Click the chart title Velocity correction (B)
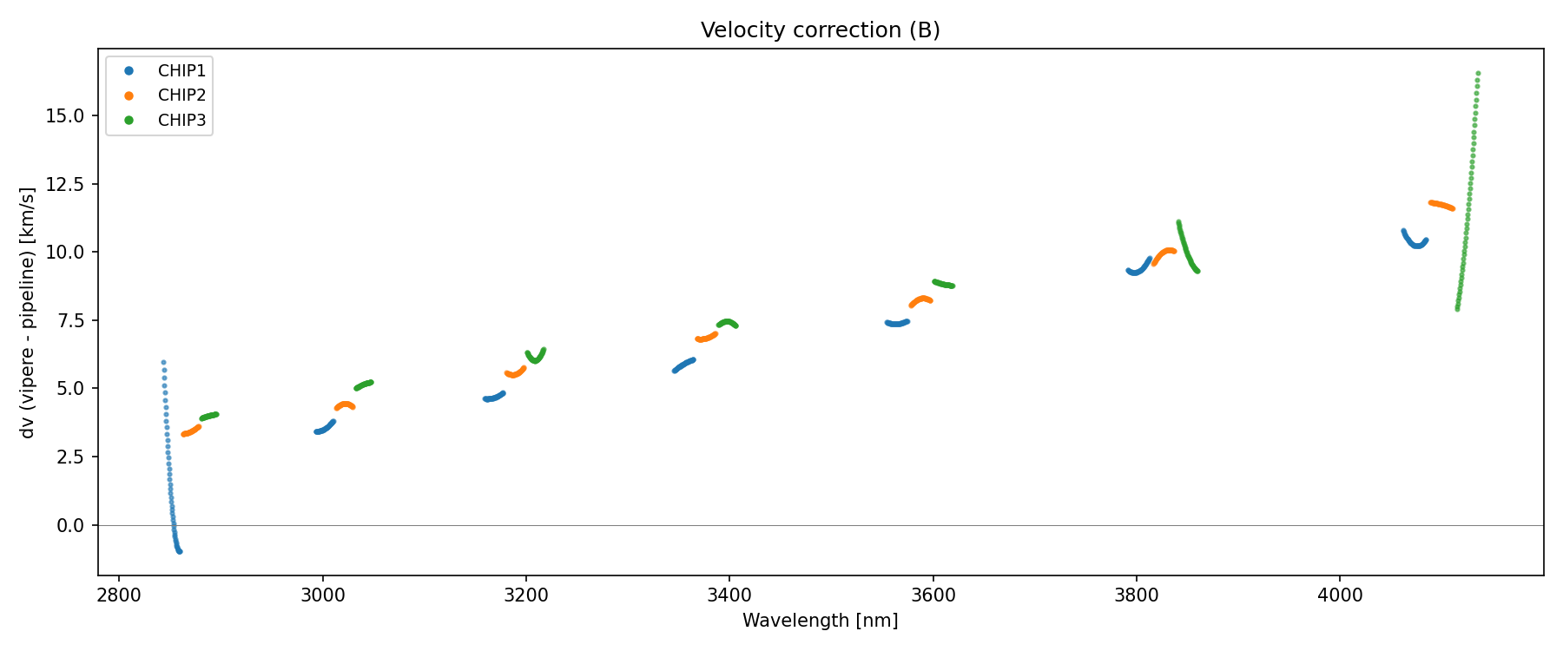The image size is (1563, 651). pos(820,30)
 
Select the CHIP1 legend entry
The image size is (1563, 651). pos(181,71)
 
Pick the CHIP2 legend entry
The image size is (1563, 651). pos(181,95)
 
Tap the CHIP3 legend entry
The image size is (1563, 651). pos(181,121)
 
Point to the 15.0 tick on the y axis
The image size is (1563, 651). pos(67,116)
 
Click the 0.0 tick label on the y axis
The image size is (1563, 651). pos(72,526)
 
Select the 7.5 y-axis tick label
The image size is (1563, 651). pos(72,321)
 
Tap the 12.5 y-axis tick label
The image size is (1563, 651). pos(67,184)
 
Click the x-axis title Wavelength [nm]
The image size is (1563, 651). pos(820,621)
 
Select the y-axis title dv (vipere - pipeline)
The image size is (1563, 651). pos(28,312)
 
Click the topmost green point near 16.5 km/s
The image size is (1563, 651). pos(1478,74)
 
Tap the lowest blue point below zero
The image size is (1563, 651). pos(180,551)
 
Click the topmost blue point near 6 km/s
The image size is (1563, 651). pos(163,363)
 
